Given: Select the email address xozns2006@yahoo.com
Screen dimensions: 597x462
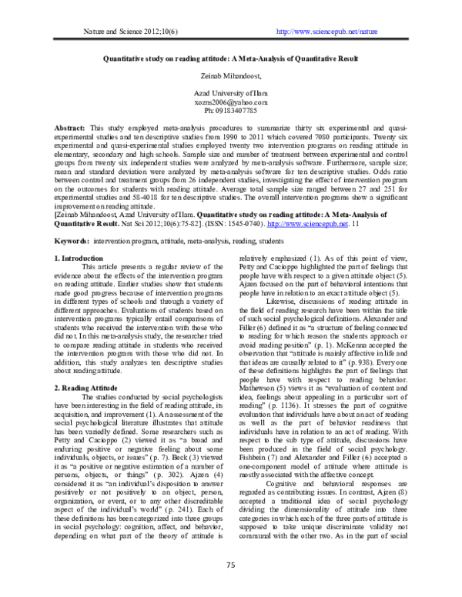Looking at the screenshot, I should (231, 102).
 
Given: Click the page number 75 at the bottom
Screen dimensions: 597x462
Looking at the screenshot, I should (230, 566).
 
